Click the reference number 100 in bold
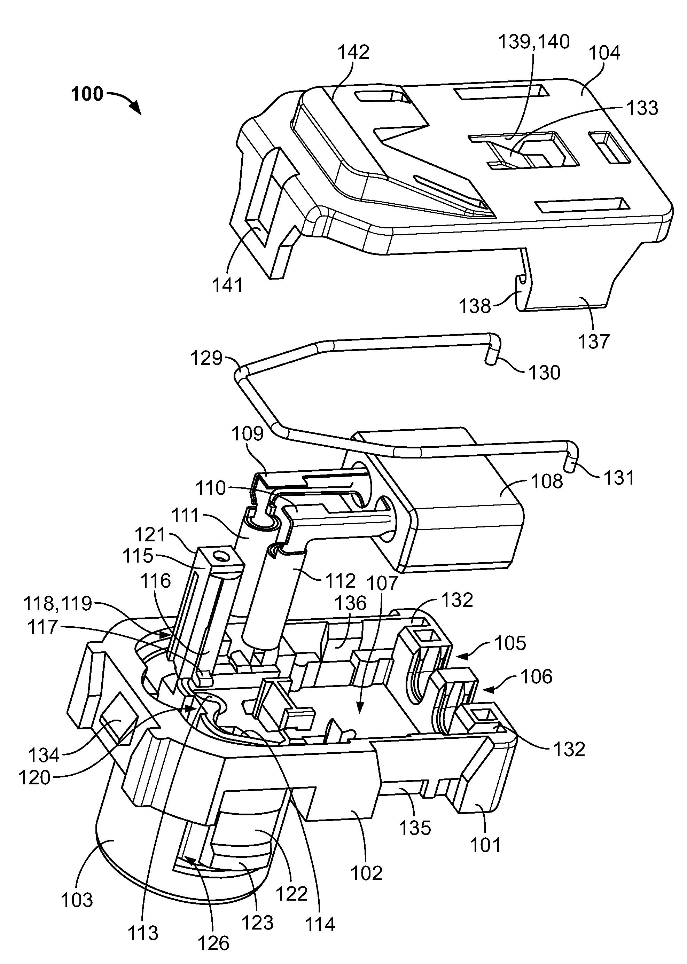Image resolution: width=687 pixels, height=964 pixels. click(87, 94)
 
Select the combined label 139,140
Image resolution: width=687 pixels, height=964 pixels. click(534, 42)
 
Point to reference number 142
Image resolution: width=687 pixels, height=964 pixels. click(353, 52)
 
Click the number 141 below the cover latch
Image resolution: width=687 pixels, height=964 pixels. click(228, 286)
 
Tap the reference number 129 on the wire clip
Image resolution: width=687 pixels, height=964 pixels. click(206, 358)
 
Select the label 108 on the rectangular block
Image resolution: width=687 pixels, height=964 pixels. click(547, 481)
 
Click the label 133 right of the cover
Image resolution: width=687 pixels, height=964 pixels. click(642, 108)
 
